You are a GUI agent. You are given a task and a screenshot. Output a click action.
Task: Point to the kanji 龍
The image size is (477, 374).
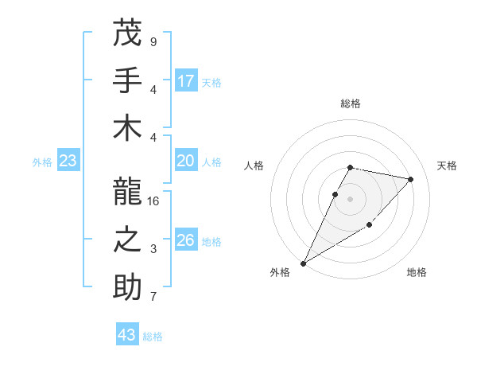pyautogui.click(x=127, y=191)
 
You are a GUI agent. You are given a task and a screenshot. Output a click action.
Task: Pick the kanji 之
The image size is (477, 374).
pyautogui.click(x=127, y=239)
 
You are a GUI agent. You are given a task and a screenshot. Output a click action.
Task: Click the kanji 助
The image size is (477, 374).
pyautogui.click(x=127, y=286)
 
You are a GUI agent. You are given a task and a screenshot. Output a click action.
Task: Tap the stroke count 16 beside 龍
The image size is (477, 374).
pyautogui.click(x=154, y=201)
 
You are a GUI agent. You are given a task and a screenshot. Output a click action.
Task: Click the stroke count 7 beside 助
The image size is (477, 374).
pyautogui.click(x=153, y=298)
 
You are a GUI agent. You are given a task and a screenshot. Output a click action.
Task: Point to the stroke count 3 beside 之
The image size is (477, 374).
pyautogui.click(x=153, y=249)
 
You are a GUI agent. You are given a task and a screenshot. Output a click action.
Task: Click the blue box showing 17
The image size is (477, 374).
pyautogui.click(x=186, y=81)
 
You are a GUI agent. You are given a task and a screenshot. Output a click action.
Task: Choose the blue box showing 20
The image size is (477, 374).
pyautogui.click(x=186, y=162)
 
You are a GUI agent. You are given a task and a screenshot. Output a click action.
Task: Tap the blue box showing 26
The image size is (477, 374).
pyautogui.click(x=186, y=240)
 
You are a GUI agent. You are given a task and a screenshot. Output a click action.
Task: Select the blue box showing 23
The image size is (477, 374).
pyautogui.click(x=68, y=162)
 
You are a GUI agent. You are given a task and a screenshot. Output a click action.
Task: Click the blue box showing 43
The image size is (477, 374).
pyautogui.click(x=127, y=335)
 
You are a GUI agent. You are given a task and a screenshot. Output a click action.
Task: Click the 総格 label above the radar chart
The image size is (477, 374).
pyautogui.click(x=351, y=103)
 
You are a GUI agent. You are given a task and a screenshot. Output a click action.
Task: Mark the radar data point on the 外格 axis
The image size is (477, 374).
pyautogui.click(x=303, y=263)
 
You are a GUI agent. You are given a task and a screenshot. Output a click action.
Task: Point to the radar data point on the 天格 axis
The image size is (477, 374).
pyautogui.click(x=411, y=179)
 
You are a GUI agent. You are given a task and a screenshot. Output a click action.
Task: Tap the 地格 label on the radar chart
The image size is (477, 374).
pyautogui.click(x=417, y=272)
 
